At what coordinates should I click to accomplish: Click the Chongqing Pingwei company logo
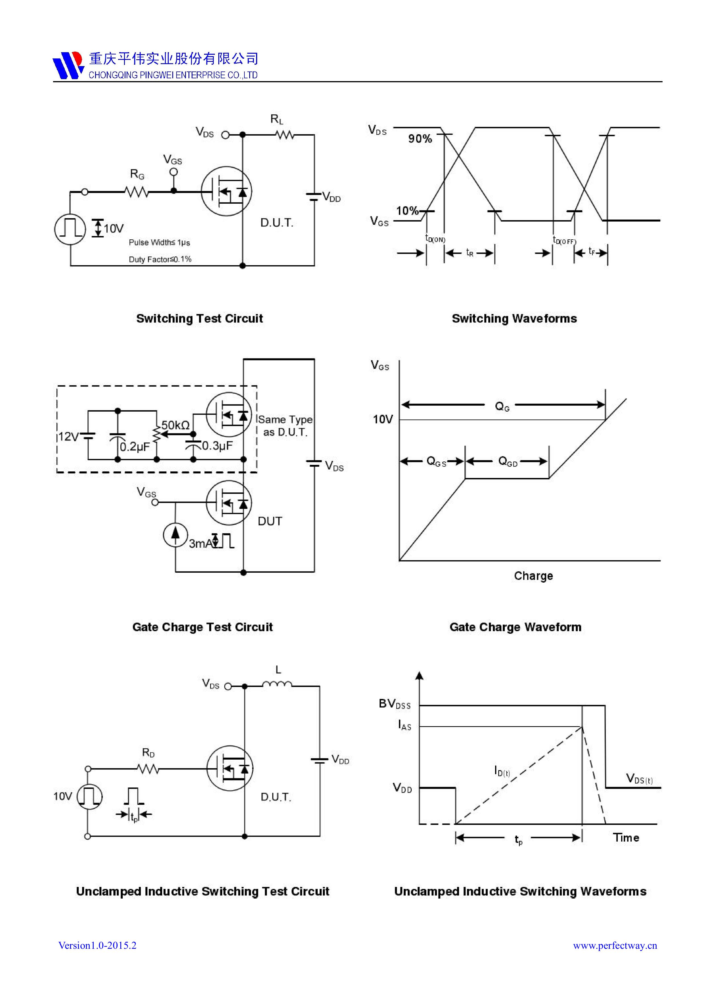tap(68, 65)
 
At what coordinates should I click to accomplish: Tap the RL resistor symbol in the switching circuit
tap(285, 135)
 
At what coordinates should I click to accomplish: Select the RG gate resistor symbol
tap(137, 191)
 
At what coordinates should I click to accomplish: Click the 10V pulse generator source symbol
tap(70, 229)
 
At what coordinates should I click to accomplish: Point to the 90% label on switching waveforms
tap(420, 139)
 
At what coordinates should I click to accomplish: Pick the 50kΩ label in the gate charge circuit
tap(175, 425)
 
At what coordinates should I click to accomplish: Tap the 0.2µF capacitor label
tap(135, 447)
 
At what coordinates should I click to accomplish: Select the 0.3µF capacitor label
tap(217, 446)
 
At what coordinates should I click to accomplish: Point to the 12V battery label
tap(68, 437)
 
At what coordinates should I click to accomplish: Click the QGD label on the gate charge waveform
tap(508, 461)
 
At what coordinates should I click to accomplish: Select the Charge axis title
tap(533, 576)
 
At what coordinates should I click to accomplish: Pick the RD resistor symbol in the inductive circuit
tap(148, 769)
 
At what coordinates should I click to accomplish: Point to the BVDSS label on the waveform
tap(394, 704)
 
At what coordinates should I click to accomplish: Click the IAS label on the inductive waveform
tap(404, 725)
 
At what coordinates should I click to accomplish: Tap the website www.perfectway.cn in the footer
tap(615, 946)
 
